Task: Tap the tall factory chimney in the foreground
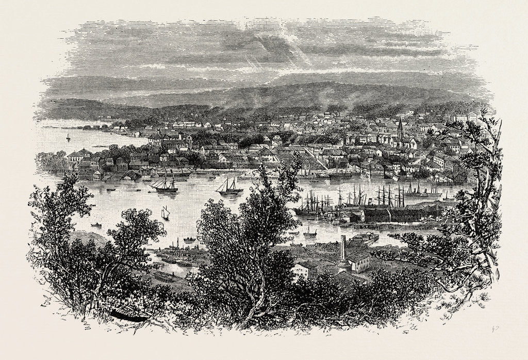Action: click(342, 253)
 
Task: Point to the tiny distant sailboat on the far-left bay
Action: click(68, 137)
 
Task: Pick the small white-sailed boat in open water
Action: click(164, 212)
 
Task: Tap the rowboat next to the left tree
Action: click(96, 224)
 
